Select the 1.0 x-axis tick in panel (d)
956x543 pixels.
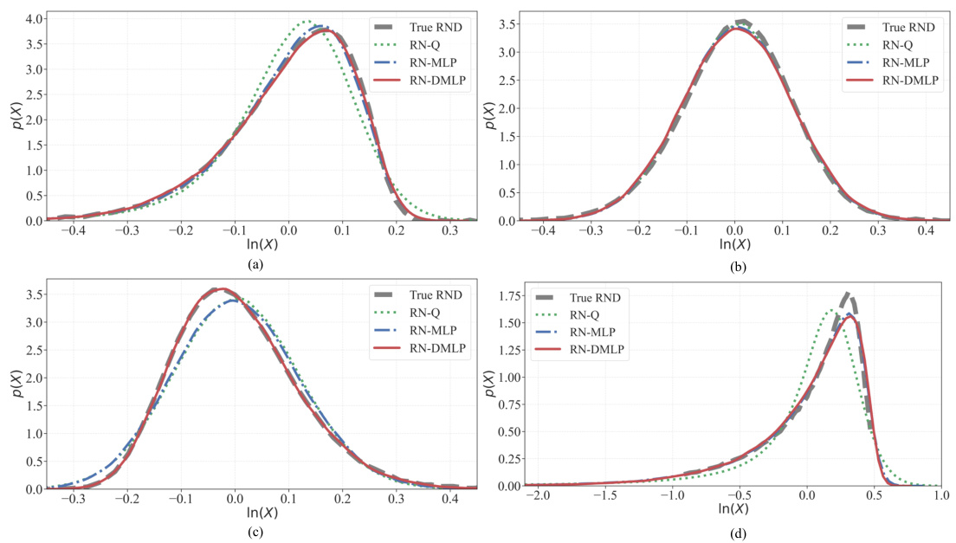click(x=940, y=500)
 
